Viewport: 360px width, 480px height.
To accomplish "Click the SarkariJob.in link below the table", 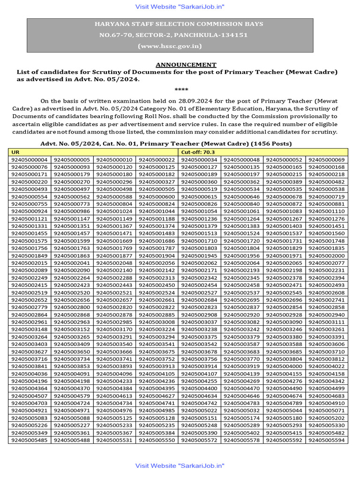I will point(180,465).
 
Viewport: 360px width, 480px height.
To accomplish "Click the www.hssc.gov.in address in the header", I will point(170,45).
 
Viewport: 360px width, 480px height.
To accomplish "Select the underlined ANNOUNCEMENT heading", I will point(186,65).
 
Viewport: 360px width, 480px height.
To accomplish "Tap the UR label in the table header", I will point(15,152).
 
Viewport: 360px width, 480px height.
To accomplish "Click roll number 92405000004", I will point(30,160).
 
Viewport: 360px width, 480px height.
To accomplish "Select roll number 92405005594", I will point(327,440).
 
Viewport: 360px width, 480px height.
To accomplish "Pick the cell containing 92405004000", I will point(284,366).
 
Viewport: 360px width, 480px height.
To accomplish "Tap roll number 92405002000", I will point(327,256).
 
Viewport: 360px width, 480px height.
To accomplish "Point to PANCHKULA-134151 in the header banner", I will point(203,35).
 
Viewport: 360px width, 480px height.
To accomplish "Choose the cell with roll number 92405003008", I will point(157,322).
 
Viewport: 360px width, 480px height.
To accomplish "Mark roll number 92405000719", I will point(327,197).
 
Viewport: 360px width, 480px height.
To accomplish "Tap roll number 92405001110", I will point(327,211).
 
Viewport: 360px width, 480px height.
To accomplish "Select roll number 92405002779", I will point(30,307).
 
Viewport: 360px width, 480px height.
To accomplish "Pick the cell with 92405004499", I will point(327,388).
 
